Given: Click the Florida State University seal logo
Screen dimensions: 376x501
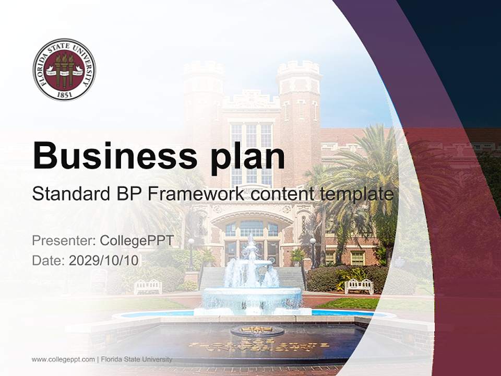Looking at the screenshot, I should tap(64, 69).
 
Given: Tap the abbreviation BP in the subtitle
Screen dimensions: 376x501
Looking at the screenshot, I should tap(129, 194).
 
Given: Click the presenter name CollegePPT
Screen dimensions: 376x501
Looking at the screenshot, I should tap(136, 241).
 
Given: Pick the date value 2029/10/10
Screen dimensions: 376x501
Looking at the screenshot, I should tap(104, 261).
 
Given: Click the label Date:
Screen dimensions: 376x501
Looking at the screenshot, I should tap(48, 261).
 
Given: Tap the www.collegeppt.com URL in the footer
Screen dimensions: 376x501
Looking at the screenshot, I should tap(63, 359).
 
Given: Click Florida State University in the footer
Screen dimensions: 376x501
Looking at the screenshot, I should tap(137, 359).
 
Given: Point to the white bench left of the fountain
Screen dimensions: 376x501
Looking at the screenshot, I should tap(148, 286).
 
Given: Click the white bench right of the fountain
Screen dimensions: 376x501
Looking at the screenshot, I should tap(359, 286).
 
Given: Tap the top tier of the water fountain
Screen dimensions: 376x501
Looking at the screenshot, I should tap(252, 245).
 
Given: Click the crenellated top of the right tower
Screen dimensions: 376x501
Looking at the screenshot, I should tap(298, 68).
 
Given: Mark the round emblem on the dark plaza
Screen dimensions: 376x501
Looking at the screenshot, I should tap(257, 331).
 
